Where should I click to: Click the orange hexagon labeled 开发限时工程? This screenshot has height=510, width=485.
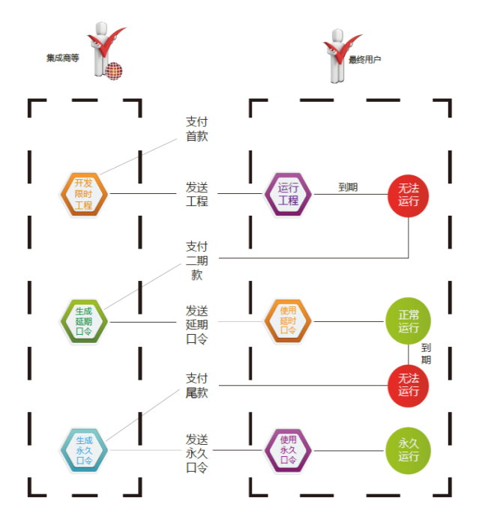[83, 194]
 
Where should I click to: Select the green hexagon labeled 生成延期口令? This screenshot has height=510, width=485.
[83, 321]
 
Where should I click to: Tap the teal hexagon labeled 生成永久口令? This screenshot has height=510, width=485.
[83, 450]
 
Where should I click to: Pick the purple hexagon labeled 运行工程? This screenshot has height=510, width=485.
[288, 194]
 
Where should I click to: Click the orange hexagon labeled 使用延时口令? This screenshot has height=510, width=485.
[288, 321]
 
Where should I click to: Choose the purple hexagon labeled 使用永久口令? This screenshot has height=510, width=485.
[288, 450]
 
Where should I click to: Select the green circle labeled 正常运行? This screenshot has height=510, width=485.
[409, 321]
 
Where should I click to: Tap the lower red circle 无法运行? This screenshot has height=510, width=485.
[409, 385]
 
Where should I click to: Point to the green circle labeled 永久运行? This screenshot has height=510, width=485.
[409, 450]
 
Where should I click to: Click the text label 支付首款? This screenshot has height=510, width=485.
[196, 128]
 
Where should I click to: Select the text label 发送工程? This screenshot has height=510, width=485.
[196, 193]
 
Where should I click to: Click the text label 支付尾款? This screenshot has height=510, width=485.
[196, 385]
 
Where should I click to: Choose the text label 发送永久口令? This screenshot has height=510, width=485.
[196, 452]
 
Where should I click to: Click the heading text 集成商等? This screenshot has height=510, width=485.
[63, 58]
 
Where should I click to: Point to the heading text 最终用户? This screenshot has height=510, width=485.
[365, 58]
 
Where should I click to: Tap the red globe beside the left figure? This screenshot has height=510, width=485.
[113, 71]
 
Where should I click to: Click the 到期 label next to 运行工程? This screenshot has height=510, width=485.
[348, 187]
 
